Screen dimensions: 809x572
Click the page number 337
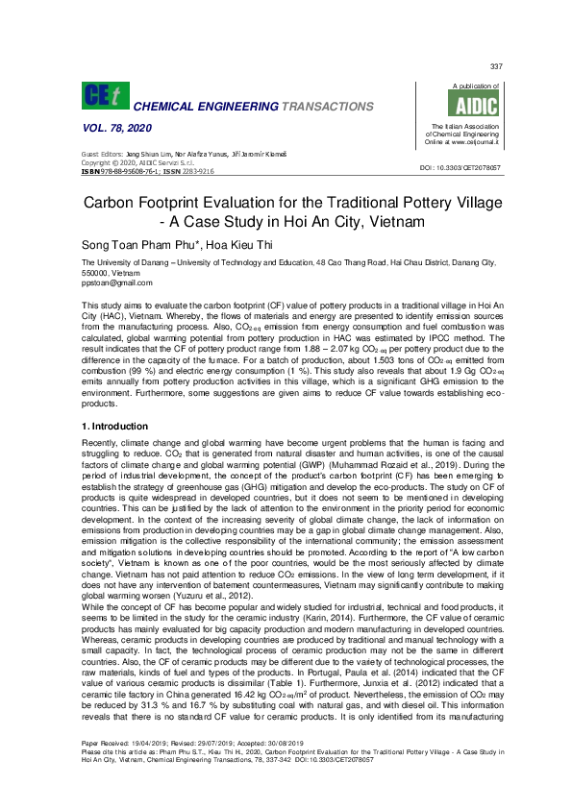click(x=496, y=66)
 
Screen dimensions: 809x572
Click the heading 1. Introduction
click(x=115, y=426)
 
